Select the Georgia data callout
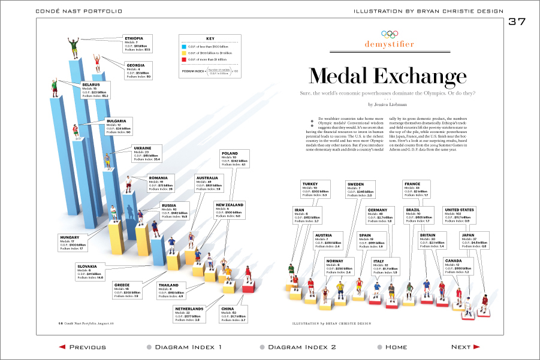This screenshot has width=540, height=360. coord(139,71)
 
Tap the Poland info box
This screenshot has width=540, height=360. coord(233,158)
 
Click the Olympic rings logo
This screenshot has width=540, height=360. coord(390,34)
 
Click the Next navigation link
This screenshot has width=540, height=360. coord(465,347)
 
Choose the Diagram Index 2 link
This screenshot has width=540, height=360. coord(297,347)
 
